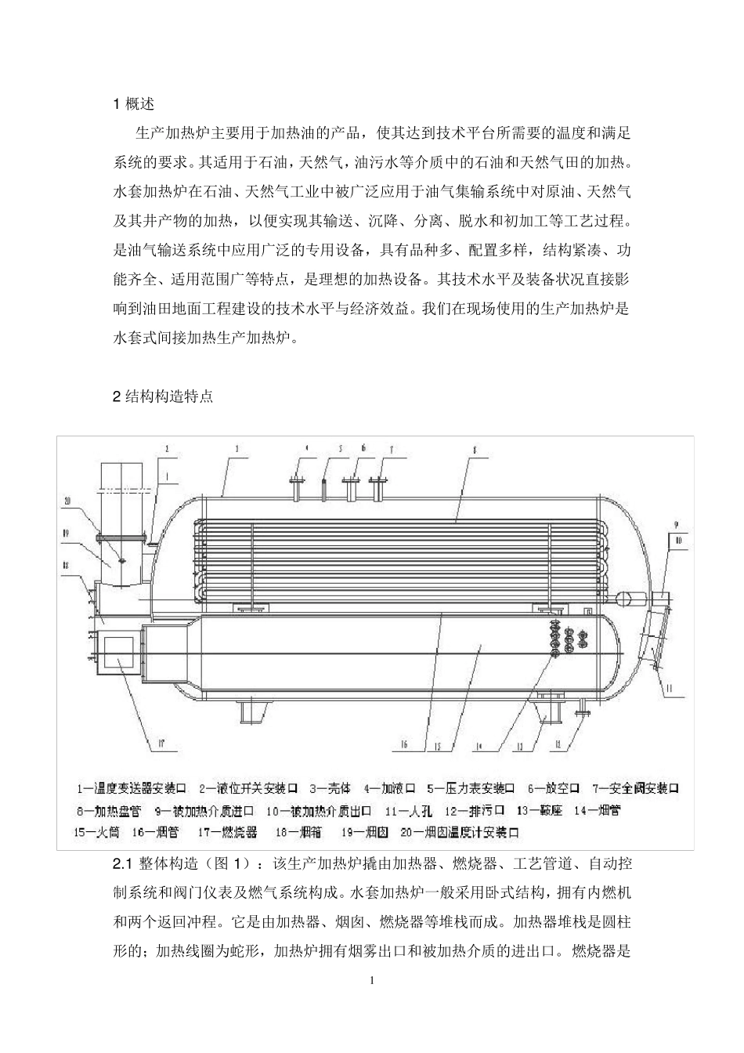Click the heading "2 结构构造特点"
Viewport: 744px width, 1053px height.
(x=163, y=396)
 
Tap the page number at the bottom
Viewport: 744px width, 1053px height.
(x=372, y=981)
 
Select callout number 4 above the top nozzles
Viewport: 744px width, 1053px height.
(x=307, y=448)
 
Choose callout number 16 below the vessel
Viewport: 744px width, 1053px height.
(x=404, y=746)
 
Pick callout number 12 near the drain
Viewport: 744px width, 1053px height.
(x=558, y=746)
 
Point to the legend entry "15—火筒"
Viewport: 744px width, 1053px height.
(x=96, y=832)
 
